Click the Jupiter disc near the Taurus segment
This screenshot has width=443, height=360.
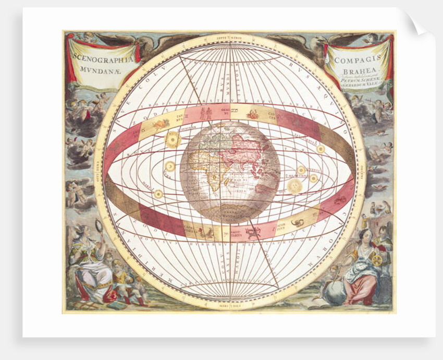[172, 139]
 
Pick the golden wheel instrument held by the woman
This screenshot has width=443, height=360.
[376, 257]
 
